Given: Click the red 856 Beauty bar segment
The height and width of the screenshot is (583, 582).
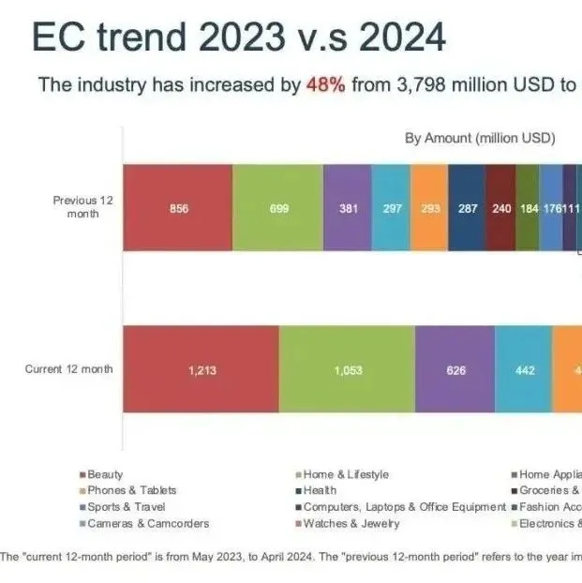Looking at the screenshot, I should [x=178, y=208].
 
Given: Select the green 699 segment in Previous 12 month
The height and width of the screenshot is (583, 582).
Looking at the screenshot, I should [x=278, y=208].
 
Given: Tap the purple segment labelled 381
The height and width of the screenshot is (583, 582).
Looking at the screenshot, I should [x=348, y=208].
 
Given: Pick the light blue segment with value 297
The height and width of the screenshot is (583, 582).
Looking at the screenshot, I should [x=392, y=208].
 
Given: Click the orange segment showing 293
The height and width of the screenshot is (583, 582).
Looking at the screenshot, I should [x=430, y=208].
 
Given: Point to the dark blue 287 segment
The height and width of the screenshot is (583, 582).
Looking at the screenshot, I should [x=467, y=208].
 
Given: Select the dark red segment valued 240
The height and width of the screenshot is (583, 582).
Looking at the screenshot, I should [x=501, y=208].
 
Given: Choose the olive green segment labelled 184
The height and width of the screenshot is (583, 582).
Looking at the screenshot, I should [x=529, y=208].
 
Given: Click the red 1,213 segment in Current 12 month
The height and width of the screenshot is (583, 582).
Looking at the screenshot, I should [x=201, y=370].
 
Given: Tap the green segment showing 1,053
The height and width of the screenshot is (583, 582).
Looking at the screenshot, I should [x=347, y=370].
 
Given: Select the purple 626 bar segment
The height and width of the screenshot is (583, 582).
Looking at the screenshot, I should [x=455, y=370].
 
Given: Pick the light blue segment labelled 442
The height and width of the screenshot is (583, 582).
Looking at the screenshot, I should [x=524, y=370].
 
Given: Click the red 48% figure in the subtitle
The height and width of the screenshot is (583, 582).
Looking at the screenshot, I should [x=325, y=84].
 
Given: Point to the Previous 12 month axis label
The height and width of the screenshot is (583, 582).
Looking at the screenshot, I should [x=82, y=206].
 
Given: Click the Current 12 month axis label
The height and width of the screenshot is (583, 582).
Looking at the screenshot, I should [x=68, y=369].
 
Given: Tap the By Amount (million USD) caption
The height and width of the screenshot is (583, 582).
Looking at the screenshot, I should [x=480, y=139].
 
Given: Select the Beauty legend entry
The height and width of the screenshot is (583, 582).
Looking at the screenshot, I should [x=105, y=475].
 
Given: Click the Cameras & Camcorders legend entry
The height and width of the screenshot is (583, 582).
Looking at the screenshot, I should [x=148, y=523].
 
